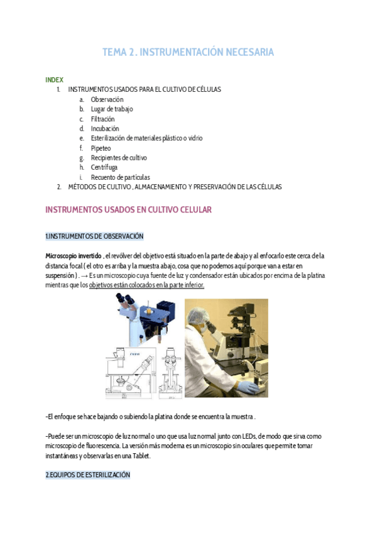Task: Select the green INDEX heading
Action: coord(54,80)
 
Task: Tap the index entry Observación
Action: coord(107,99)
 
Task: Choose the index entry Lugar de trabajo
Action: coord(112,109)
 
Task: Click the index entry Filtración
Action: coord(102,119)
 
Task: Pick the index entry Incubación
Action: coord(104,128)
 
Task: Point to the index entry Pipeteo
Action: coord(101,148)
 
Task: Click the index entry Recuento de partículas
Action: coord(120,177)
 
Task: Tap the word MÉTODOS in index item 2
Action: coord(83,187)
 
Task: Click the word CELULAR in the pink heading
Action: coord(192,209)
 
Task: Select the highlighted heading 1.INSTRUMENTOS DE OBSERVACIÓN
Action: coord(94,236)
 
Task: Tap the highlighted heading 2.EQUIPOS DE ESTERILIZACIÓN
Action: coord(87,475)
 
